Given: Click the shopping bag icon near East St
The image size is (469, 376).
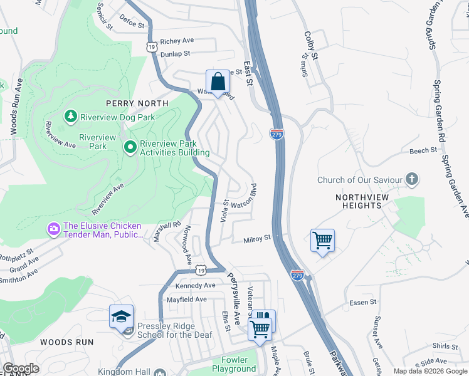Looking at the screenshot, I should click(218, 82).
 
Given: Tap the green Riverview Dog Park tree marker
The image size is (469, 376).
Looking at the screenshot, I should click(71, 116).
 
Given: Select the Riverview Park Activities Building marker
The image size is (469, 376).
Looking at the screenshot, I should click(130, 147).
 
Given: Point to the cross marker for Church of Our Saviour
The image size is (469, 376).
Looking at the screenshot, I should click(411, 180).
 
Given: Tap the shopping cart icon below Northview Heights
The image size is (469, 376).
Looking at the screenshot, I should click(322, 240).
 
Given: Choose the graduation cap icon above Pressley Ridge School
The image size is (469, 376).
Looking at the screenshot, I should click(122, 317).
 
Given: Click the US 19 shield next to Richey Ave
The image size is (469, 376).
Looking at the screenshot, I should click(151, 46).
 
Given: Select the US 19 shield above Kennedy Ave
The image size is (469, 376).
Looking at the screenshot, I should click(200, 269).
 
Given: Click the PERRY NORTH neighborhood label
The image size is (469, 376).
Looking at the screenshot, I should click(137, 103).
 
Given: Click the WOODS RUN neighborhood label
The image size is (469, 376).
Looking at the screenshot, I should click(66, 342).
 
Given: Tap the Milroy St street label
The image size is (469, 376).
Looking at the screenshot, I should click(256, 238).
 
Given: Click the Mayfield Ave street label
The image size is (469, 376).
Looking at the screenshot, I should click(186, 300).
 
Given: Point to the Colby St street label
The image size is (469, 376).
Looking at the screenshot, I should click(311, 46).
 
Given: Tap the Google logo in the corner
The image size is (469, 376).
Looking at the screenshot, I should click(21, 368).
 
